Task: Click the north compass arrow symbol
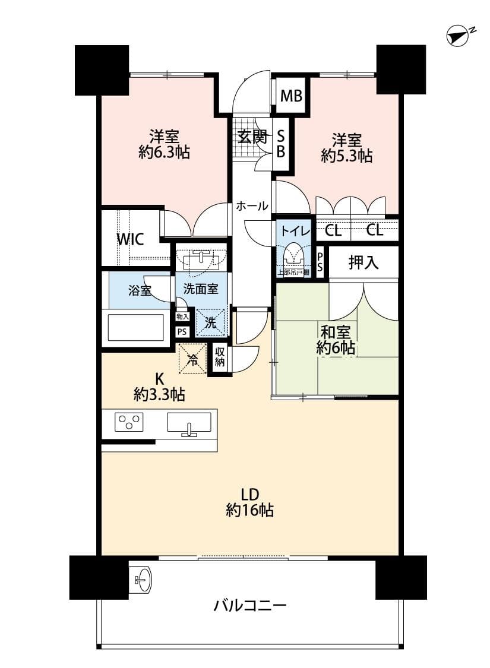coord(458,36)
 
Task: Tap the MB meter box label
coord(291,96)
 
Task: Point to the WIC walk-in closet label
coord(130,239)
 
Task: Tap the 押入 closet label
coord(363,262)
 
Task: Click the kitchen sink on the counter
coord(189,423)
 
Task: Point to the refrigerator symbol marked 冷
coord(193,358)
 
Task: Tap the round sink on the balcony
coord(142,579)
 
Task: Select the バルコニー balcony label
coord(250,606)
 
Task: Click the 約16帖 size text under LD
coord(249,509)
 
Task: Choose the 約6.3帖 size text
coord(164,153)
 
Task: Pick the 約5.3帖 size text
coord(347,156)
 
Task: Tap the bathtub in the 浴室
coord(136,327)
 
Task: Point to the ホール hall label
coord(251,207)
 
